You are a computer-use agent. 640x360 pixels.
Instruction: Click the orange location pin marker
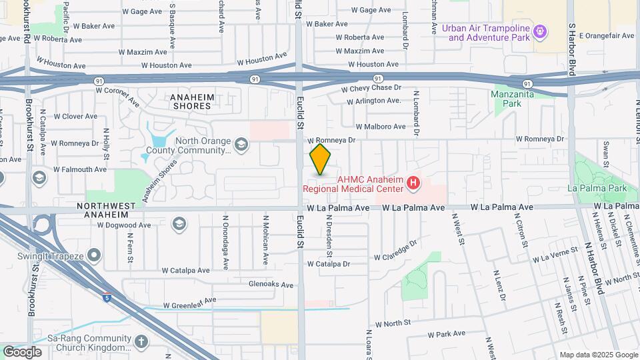pyautogui.click(x=321, y=159)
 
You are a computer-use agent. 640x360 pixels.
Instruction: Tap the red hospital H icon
pyautogui.click(x=413, y=182)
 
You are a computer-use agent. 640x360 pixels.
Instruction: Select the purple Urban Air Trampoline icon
pyautogui.click(x=541, y=31)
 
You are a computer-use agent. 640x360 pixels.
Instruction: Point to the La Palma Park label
pyautogui.click(x=597, y=188)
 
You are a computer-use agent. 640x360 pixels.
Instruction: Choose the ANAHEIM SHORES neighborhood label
pyautogui.click(x=193, y=101)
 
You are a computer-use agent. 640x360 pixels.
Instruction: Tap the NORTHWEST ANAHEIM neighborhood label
pyautogui.click(x=111, y=211)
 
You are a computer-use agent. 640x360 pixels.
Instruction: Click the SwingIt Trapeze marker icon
pyautogui.click(x=94, y=254)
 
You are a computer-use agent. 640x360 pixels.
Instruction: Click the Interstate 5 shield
pyautogui.click(x=107, y=297)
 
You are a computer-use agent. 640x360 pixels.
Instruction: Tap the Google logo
pyautogui.click(x=22, y=351)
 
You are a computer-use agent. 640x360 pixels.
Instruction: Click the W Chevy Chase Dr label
pyautogui.click(x=371, y=88)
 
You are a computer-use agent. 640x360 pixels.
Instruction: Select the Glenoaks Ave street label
pyautogui.click(x=271, y=285)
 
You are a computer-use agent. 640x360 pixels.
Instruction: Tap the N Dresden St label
pyautogui.click(x=329, y=235)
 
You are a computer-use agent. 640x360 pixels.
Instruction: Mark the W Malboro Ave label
pyautogui.click(x=380, y=126)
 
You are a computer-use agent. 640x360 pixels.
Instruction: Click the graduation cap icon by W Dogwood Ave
pyautogui.click(x=178, y=223)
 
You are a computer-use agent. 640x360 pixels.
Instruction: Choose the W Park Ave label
pyautogui.click(x=446, y=334)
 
